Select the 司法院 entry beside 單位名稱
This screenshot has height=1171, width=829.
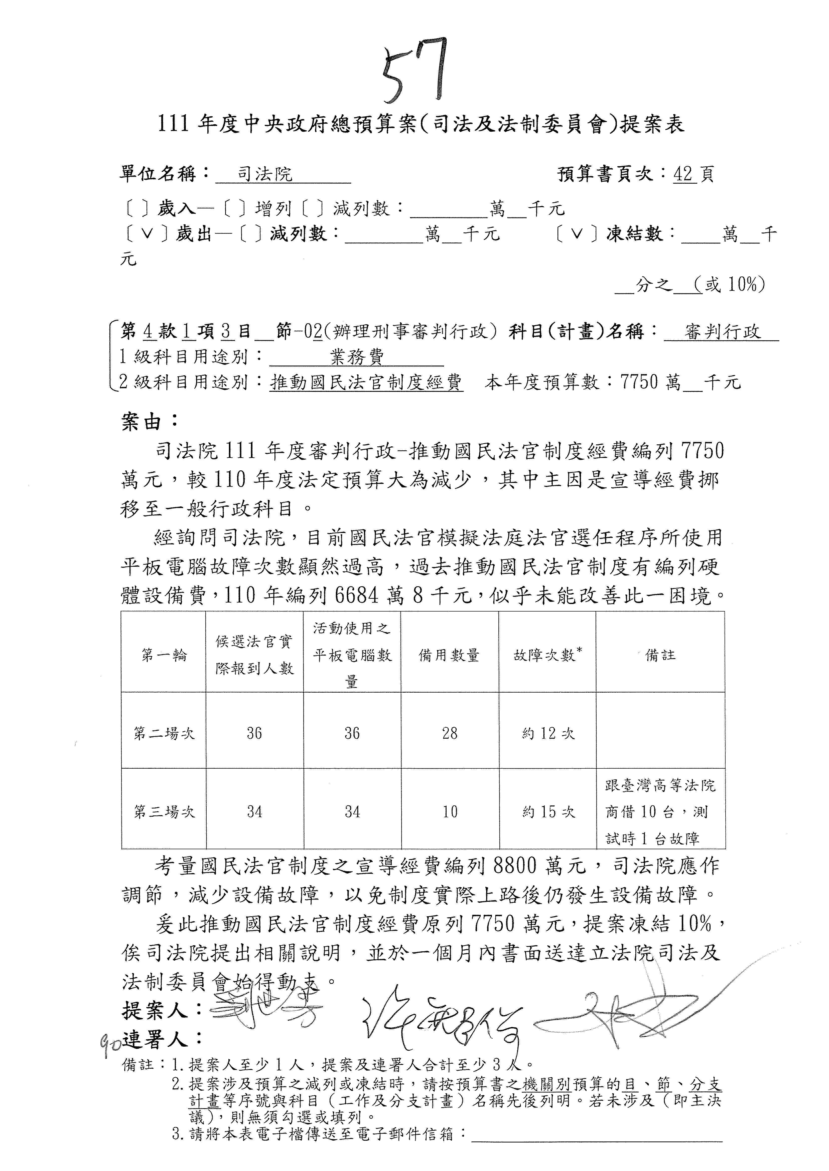[x=265, y=175]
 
